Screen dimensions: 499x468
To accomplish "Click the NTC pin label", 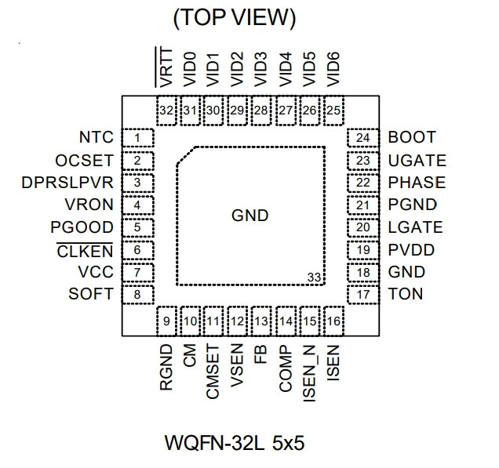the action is [x=96, y=137].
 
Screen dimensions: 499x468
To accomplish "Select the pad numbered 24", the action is [x=363, y=138].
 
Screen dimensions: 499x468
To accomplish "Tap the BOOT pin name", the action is [x=412, y=137].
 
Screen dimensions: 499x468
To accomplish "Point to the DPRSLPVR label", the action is [x=67, y=183].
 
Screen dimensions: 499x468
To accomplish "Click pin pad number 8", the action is [x=138, y=295].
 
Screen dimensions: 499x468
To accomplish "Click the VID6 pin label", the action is [x=333, y=69].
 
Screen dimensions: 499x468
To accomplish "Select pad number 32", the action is [x=166, y=111].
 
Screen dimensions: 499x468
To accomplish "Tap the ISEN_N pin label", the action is [x=309, y=374].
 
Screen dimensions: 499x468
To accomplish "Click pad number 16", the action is [x=333, y=321].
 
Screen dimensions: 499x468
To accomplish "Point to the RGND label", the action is [x=166, y=367].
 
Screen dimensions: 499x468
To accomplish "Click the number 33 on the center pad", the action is [x=314, y=278].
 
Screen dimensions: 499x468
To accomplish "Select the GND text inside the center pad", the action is [x=250, y=216].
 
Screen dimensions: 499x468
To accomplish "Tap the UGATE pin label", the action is [x=417, y=161].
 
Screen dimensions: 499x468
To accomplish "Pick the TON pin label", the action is [x=406, y=294].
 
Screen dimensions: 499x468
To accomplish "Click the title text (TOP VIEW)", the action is [x=235, y=18].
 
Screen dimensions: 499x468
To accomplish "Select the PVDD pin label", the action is [x=411, y=250].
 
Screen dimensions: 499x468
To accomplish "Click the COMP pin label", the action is [x=286, y=368].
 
